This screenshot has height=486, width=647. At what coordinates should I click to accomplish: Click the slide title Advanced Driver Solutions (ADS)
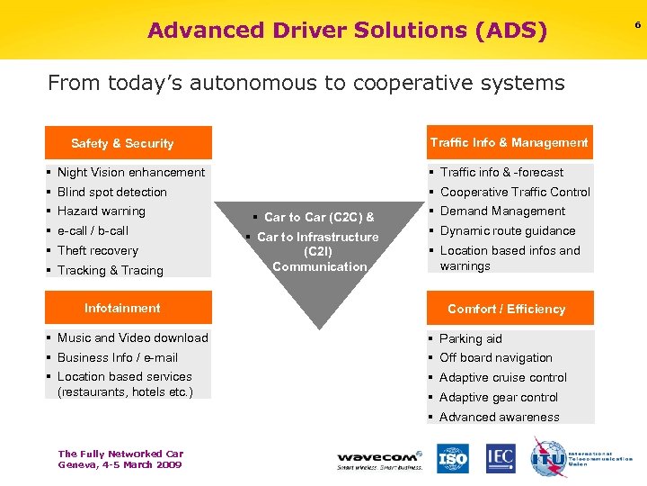[x=347, y=31]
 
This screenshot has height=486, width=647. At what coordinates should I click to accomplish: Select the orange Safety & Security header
[x=129, y=143]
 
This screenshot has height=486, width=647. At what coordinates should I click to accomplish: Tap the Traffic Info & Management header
[x=510, y=142]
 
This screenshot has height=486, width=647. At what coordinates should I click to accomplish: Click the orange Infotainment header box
[x=129, y=308]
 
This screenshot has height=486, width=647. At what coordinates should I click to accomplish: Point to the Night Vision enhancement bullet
[x=130, y=172]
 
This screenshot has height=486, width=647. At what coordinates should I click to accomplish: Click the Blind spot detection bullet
[x=111, y=192]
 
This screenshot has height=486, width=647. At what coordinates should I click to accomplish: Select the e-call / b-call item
[x=93, y=230]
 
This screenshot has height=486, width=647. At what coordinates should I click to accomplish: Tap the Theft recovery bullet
[x=97, y=250]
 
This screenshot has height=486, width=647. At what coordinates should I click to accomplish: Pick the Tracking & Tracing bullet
[x=110, y=270]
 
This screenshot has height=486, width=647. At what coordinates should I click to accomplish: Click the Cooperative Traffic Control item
[x=515, y=192]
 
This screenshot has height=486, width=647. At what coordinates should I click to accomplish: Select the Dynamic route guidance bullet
[x=508, y=230]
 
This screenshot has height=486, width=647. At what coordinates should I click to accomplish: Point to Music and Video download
[x=132, y=337]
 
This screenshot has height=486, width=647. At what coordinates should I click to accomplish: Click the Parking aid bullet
[x=470, y=338]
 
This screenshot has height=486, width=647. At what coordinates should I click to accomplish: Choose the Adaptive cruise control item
[x=503, y=377]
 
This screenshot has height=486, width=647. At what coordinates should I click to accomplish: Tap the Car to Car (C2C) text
[x=319, y=217]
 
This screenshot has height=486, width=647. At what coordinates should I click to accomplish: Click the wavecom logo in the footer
[x=380, y=457]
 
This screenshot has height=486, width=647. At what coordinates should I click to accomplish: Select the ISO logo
[x=453, y=459]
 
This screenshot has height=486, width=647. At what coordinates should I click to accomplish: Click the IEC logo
[x=501, y=459]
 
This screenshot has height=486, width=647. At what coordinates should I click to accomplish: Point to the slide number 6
[x=637, y=24]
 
